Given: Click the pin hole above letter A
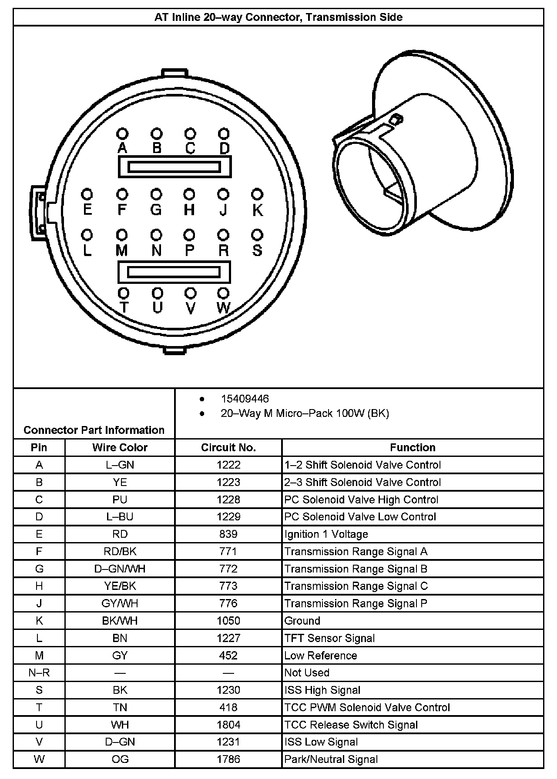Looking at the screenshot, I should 122,133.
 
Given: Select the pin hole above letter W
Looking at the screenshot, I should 223,293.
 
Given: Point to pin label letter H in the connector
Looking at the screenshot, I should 189,210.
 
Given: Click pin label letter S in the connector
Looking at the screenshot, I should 257,250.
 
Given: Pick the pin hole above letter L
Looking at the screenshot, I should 87,235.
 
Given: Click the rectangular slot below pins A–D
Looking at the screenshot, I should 174,167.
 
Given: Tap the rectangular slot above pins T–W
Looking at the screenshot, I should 174,272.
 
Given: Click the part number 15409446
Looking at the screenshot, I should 245,399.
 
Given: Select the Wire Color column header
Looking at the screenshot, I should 120,447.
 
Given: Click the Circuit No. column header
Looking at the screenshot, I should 228,447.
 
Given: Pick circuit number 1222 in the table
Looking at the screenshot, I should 228,465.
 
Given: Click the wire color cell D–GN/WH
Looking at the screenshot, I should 120,569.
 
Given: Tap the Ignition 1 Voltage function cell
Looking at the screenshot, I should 326,534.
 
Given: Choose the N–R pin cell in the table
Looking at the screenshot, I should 39,672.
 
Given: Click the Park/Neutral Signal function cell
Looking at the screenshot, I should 331,759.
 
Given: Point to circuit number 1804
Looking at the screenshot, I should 228,725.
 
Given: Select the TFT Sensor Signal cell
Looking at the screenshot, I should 329,638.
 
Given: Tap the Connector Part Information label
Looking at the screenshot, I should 94,430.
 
